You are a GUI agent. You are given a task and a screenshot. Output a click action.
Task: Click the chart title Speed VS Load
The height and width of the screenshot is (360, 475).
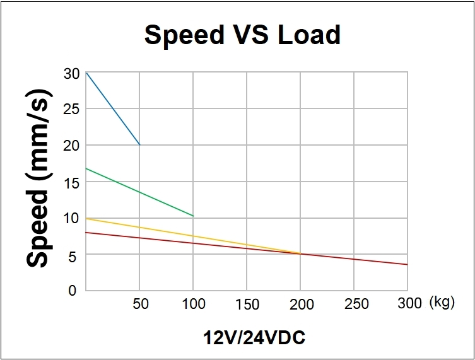pyautogui.click(x=242, y=35)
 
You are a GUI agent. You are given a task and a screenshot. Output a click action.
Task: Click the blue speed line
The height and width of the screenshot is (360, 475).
pyautogui.click(x=112, y=108)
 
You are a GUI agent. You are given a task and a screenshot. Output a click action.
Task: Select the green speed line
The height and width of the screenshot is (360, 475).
pyautogui.click(x=139, y=192)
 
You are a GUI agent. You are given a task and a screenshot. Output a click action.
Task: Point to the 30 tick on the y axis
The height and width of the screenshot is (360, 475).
pyautogui.click(x=71, y=74)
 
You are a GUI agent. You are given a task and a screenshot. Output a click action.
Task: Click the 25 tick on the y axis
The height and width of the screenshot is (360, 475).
pyautogui.click(x=71, y=109)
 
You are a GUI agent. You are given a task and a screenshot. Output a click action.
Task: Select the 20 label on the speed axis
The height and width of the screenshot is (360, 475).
pyautogui.click(x=71, y=146)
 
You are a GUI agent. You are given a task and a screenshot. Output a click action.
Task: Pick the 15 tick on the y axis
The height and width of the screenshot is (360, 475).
pyautogui.click(x=71, y=182)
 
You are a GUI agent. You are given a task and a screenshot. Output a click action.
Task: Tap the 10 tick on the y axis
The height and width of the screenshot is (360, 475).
pyautogui.click(x=71, y=218)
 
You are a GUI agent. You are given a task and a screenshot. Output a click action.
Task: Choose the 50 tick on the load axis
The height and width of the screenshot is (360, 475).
pyautogui.click(x=140, y=304)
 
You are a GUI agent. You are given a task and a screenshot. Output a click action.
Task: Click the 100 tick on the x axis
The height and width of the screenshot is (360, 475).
pyautogui.click(x=193, y=304)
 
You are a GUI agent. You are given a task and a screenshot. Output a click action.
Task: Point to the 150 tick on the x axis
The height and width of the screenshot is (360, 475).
pyautogui.click(x=247, y=304)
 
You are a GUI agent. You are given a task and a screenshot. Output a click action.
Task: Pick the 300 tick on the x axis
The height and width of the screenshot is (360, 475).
pyautogui.click(x=409, y=304)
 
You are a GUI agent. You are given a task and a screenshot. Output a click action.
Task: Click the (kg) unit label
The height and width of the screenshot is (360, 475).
pyautogui.click(x=442, y=303)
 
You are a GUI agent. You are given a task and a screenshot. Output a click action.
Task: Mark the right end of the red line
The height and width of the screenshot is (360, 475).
pyautogui.click(x=407, y=264)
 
